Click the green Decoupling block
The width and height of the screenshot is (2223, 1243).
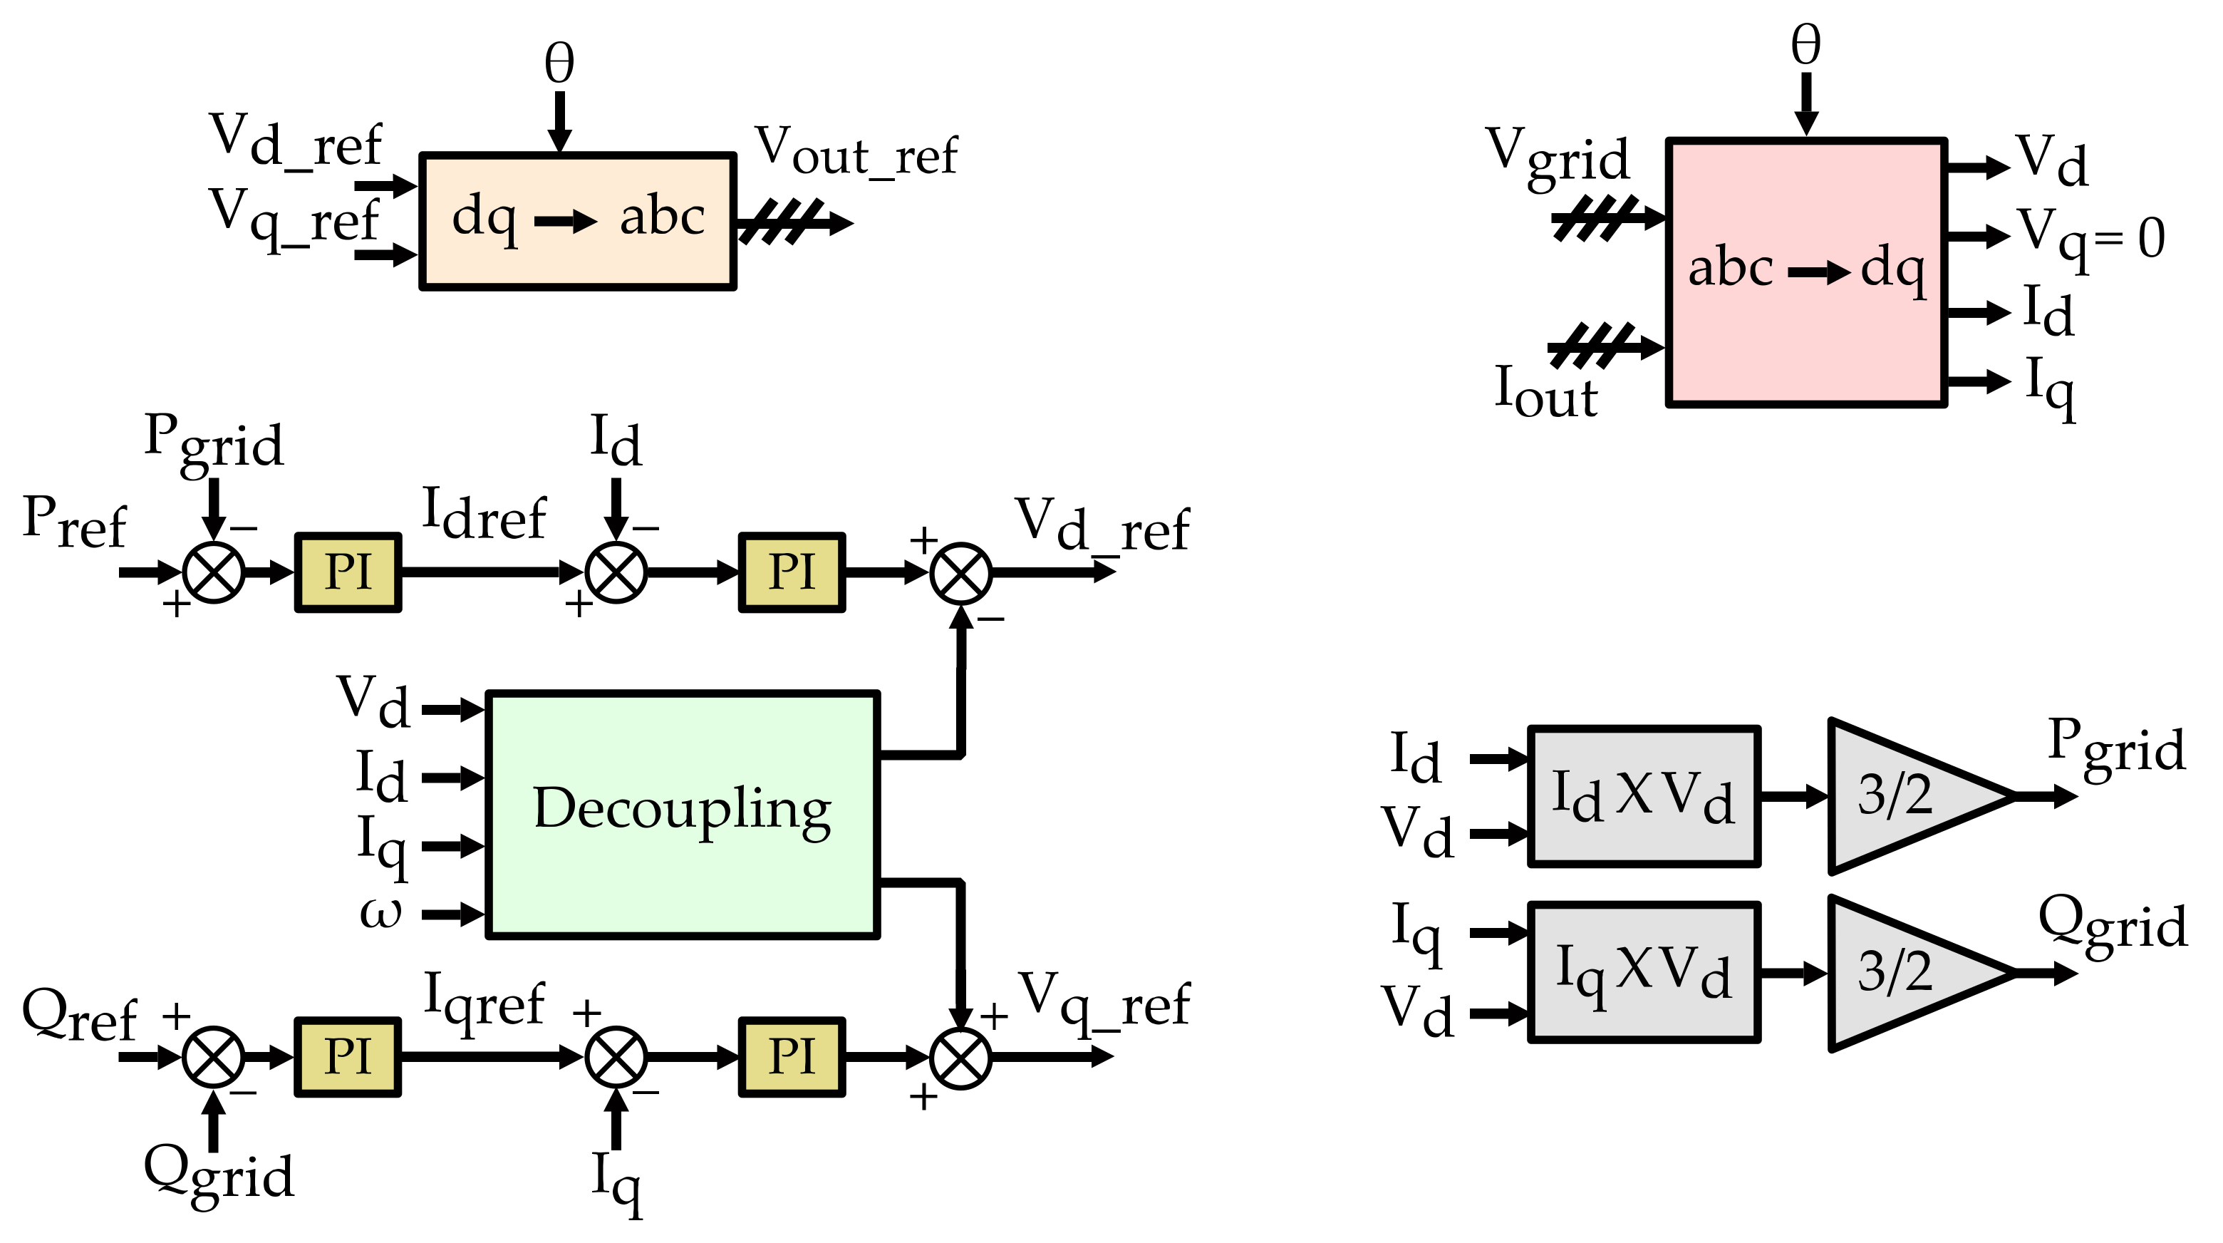click(x=682, y=814)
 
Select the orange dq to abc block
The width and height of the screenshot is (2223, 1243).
click(x=577, y=221)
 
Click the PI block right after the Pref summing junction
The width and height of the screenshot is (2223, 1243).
click(x=348, y=572)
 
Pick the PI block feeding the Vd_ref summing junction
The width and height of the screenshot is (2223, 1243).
click(x=792, y=572)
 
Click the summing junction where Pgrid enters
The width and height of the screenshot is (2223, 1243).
click(x=214, y=572)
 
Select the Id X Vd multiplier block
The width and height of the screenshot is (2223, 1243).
click(x=1643, y=796)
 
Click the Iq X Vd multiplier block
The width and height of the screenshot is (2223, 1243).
click(x=1643, y=973)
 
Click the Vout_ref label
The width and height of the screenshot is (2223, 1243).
click(x=856, y=152)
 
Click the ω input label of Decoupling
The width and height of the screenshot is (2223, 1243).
click(x=380, y=913)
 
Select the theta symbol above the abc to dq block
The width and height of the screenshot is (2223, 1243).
click(x=1805, y=45)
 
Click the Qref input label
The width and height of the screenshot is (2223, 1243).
click(x=78, y=1015)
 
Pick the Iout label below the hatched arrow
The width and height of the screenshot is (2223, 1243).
click(x=1545, y=393)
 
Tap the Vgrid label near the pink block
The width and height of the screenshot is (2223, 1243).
click(x=1557, y=157)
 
